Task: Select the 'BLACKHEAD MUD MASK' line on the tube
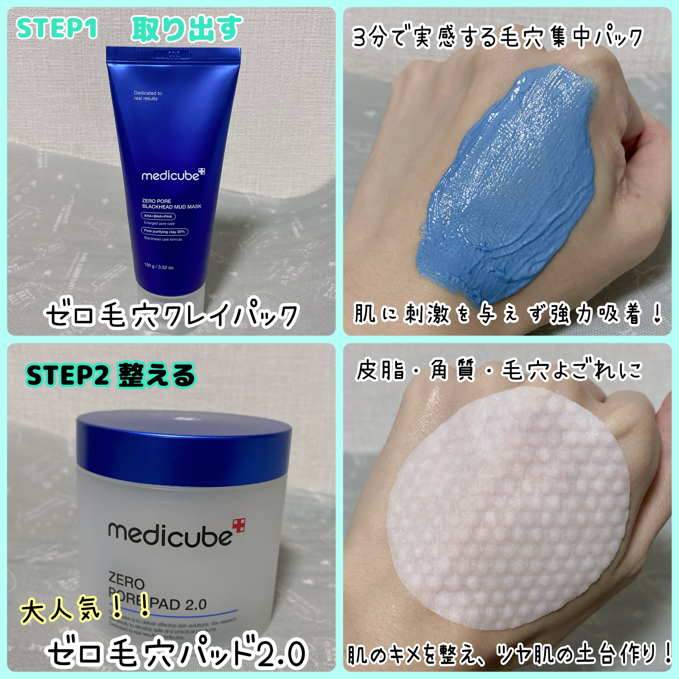click(172, 207)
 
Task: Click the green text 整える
click(156, 375)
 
